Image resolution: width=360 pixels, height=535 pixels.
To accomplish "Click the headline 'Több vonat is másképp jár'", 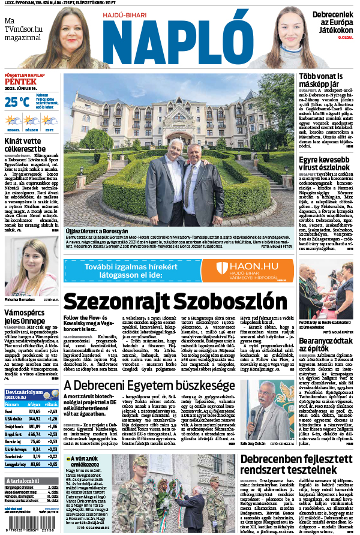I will click(x=321, y=81).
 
